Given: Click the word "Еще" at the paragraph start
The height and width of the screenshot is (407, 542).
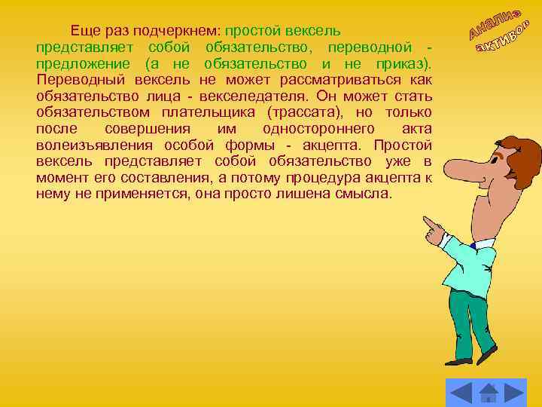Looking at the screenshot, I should coord(84,32).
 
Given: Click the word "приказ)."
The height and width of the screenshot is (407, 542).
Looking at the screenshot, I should coord(404,64).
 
